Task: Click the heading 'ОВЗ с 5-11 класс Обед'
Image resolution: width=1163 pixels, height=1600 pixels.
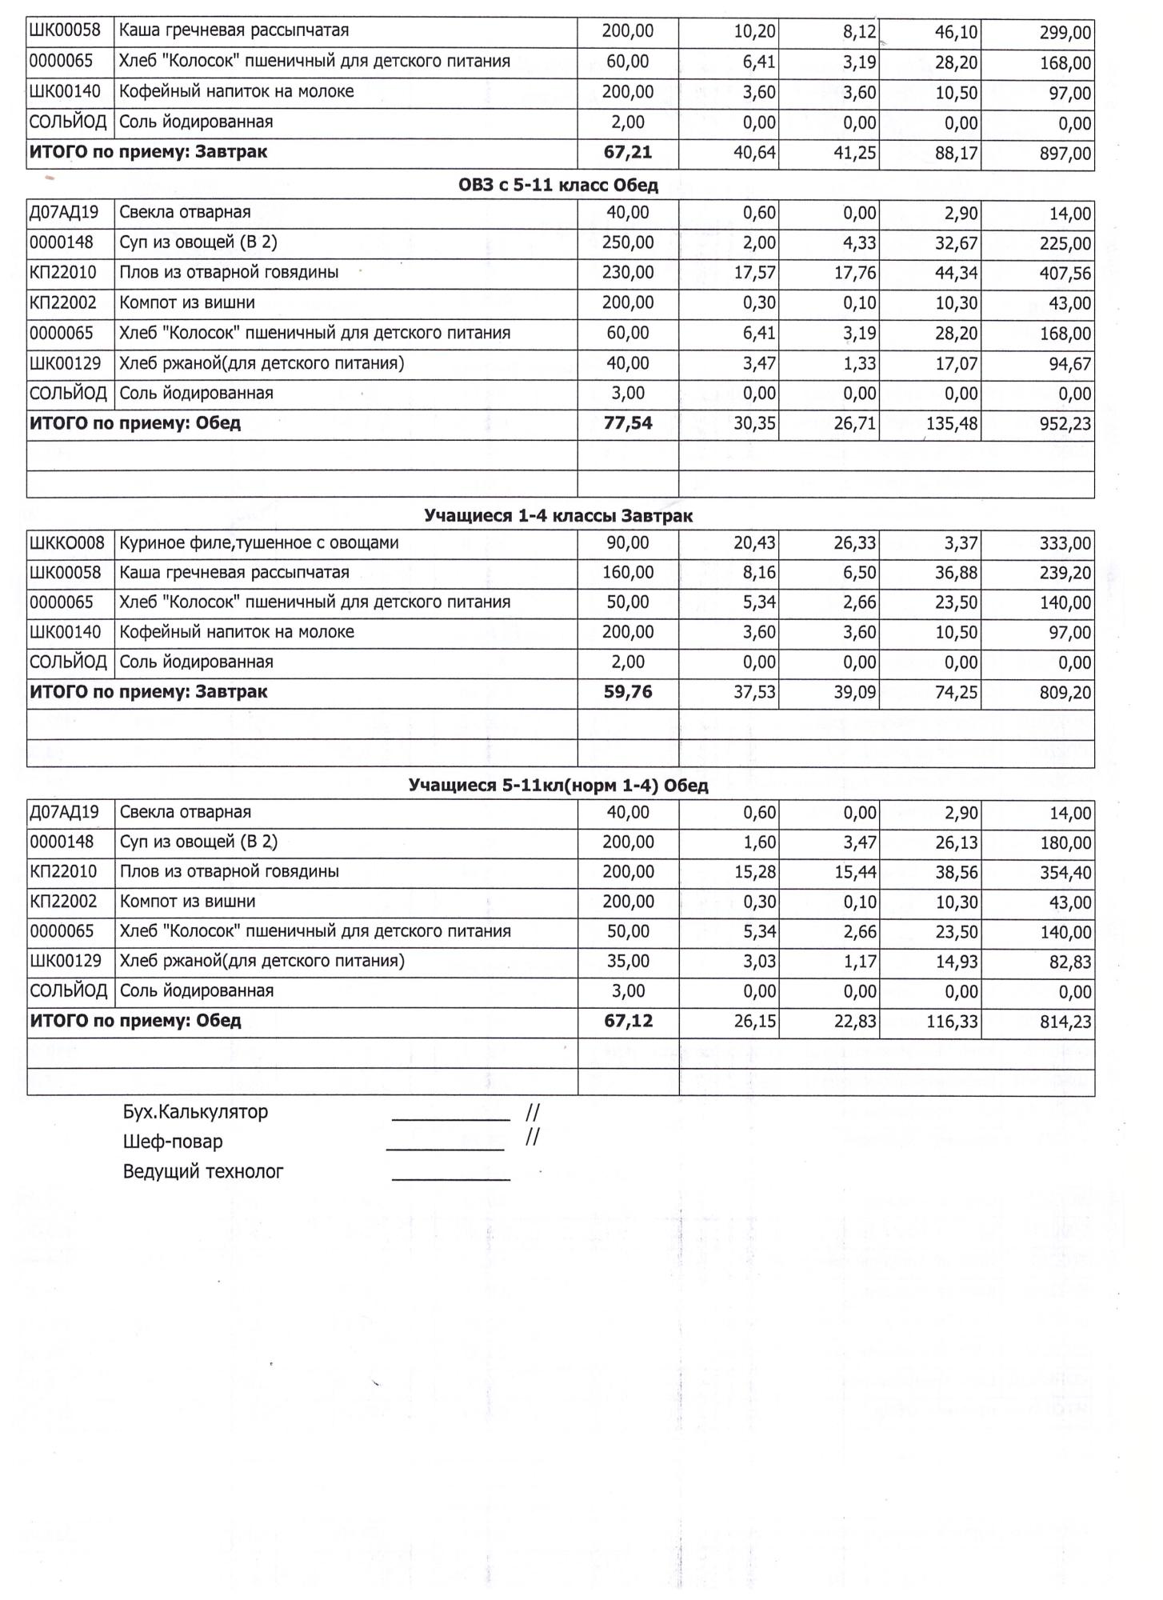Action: point(558,186)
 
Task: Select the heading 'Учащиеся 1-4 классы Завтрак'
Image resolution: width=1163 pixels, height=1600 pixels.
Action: point(558,516)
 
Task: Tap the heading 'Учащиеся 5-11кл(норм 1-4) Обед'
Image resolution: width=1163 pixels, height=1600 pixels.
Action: point(558,786)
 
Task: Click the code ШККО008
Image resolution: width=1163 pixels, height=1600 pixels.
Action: point(67,543)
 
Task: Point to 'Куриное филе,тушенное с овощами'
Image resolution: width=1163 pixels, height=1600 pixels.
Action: point(258,543)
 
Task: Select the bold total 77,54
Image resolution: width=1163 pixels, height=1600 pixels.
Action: point(628,423)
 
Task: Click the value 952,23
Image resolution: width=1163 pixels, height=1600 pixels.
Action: point(1065,424)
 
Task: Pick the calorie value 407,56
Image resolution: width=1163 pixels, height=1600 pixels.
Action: point(1065,274)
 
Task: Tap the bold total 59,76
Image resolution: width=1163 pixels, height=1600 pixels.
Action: point(628,692)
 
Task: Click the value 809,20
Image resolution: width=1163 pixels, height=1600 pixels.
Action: point(1065,693)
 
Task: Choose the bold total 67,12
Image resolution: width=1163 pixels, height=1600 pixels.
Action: point(628,1021)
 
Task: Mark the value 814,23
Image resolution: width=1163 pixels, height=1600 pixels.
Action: point(1065,1022)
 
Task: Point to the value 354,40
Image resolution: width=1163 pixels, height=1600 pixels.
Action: point(1065,873)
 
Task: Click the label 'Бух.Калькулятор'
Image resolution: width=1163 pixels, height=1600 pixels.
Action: point(195,1112)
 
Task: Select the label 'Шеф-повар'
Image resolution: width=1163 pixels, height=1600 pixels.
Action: point(172,1142)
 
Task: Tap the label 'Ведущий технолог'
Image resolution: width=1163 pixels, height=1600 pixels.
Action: point(203,1172)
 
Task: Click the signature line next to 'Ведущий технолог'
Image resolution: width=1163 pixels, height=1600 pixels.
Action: point(450,1178)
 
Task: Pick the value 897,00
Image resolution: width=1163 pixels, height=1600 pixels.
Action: point(1065,154)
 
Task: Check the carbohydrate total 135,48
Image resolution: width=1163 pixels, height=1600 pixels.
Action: point(952,424)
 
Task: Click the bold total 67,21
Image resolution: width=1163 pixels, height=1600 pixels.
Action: point(628,152)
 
